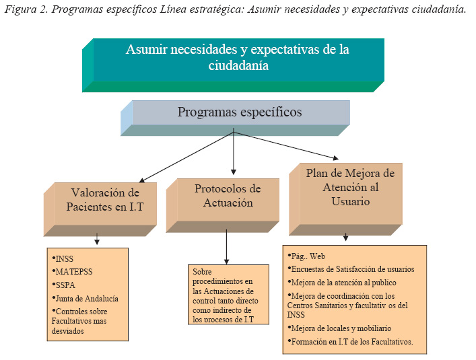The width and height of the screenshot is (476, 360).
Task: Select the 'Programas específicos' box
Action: [x=240, y=112]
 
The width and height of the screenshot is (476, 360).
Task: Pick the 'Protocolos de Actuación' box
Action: [x=228, y=196]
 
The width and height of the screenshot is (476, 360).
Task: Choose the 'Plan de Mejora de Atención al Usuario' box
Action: [x=350, y=187]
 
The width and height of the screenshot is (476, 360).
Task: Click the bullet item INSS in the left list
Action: [x=65, y=259]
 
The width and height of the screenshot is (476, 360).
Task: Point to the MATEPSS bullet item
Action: [x=73, y=272]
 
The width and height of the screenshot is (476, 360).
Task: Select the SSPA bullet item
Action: [x=67, y=285]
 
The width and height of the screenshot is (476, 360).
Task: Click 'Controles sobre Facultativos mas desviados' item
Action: [x=82, y=316]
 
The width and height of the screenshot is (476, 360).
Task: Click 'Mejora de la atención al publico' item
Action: [x=343, y=282]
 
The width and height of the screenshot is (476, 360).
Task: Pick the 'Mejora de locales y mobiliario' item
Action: [x=341, y=328]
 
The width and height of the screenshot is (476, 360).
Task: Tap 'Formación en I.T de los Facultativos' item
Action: [x=351, y=342]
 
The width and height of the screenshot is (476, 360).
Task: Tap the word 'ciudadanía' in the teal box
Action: [x=238, y=66]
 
